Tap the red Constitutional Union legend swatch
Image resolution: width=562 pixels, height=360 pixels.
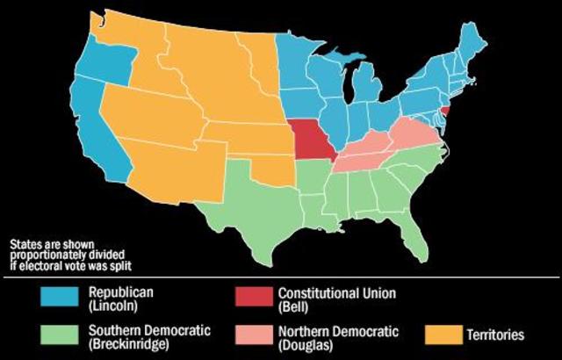[254, 299]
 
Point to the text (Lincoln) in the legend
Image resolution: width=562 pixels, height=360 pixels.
[112, 306]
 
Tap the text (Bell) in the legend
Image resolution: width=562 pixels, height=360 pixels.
[295, 306]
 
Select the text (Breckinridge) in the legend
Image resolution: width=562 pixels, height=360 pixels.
[133, 343]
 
